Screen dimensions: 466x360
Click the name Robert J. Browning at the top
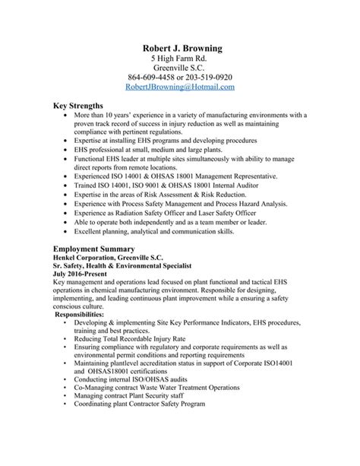[180, 49]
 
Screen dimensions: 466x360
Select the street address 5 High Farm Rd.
[180, 62]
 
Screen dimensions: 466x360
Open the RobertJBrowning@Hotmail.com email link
[180, 87]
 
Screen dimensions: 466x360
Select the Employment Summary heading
[94, 249]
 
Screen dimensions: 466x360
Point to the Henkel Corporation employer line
[104, 258]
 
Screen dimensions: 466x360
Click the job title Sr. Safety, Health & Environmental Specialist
[122, 266]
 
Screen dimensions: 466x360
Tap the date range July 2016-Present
[81, 274]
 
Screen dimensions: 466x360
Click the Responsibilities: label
[87, 313]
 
